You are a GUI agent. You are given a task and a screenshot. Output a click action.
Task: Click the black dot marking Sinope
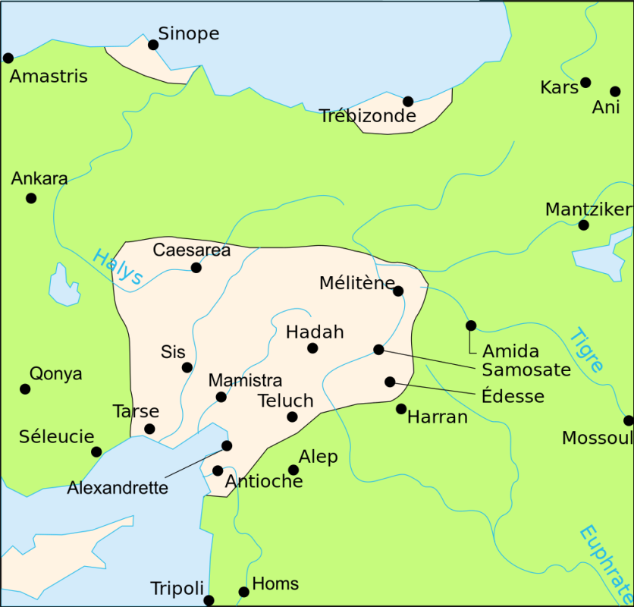153,45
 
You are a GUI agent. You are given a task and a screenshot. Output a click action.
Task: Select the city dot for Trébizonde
408,101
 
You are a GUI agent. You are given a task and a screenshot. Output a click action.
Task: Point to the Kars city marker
585,82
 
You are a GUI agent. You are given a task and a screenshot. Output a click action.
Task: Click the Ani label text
606,107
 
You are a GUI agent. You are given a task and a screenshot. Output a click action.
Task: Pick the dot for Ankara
31,198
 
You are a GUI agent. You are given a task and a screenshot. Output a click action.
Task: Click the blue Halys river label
118,268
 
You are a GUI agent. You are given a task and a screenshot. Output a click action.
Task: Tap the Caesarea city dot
196,267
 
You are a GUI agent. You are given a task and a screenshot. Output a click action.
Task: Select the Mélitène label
356,283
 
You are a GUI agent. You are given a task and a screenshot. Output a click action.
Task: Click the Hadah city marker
312,348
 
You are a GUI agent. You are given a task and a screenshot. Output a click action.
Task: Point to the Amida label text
510,351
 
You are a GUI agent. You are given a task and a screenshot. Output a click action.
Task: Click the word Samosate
526,370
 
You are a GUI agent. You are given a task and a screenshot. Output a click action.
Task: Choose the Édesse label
513,396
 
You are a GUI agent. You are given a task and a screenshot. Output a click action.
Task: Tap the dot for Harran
401,409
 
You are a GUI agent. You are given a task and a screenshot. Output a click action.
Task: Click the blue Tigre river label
588,350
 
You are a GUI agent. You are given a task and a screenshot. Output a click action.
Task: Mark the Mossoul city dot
628,420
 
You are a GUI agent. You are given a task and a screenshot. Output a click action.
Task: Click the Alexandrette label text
118,488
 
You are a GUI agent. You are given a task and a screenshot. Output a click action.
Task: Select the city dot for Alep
293,470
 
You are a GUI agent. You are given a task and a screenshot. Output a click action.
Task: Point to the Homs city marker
243,592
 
